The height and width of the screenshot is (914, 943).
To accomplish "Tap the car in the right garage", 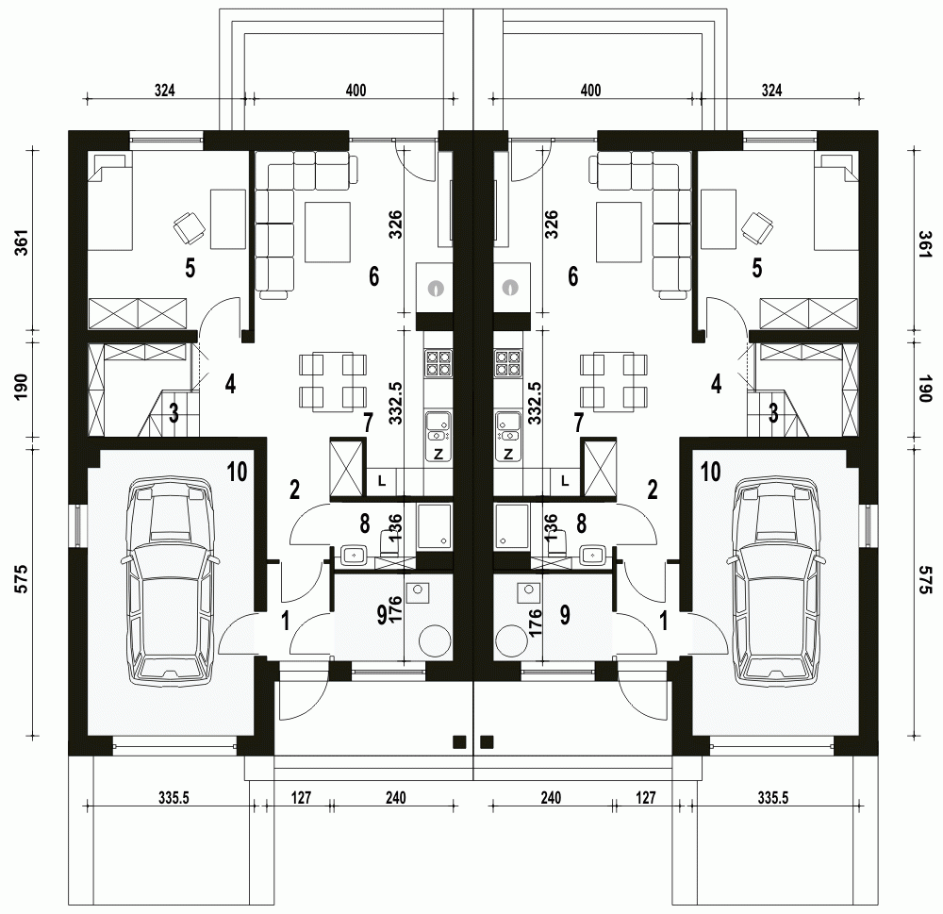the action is click(774, 579).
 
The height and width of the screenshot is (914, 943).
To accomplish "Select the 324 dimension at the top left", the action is click(165, 91).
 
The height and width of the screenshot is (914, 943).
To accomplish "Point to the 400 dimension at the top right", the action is click(590, 91).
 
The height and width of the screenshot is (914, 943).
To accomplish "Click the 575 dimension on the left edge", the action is click(22, 579).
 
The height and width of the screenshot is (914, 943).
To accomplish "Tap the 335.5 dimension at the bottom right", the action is click(773, 798).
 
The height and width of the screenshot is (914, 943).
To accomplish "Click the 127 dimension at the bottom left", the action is click(302, 798).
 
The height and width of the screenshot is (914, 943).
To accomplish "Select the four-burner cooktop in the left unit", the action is click(438, 363).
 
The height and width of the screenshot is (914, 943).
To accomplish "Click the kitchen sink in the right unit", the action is click(509, 427).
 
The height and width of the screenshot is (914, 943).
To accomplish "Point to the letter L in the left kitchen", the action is click(382, 481).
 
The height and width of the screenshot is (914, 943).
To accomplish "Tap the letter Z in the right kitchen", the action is click(509, 454).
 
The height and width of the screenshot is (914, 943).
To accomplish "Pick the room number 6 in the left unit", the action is click(374, 276).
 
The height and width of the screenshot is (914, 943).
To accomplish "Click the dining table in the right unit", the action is click(614, 381).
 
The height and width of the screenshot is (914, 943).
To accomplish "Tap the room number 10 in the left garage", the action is click(238, 473).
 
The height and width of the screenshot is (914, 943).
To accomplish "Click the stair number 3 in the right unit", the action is click(773, 413).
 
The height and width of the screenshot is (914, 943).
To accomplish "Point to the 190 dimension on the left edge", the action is click(22, 388).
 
